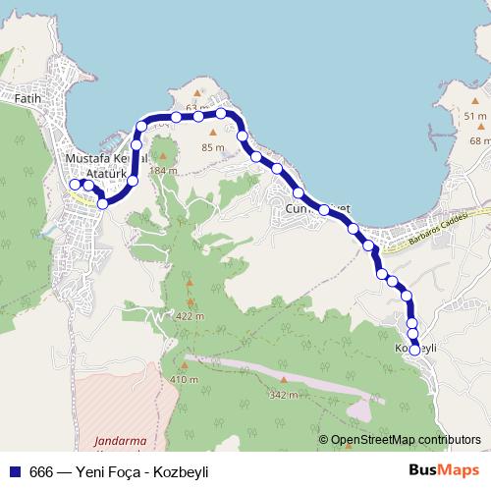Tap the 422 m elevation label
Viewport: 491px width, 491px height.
pos(191,316)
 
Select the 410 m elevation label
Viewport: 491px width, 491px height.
pos(185,379)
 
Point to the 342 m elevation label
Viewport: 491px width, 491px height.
pos(282,395)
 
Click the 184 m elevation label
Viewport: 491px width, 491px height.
pos(164,171)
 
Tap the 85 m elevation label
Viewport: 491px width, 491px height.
pos(212,148)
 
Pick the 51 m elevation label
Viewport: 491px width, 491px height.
pos(475,116)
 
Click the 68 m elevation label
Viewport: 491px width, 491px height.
pos(479,141)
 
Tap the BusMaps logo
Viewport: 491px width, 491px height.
pos(441,470)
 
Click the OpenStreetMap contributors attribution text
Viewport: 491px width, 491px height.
pos(405,440)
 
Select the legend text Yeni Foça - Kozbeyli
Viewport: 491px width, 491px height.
pos(135,471)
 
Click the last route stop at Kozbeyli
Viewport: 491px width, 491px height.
pos(413,350)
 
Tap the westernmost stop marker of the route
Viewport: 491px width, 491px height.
pos(76,184)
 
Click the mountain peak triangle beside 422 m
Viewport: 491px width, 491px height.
pos(191,301)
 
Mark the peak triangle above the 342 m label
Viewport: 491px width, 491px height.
pos(283,380)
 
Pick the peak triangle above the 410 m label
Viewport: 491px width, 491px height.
pos(185,365)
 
